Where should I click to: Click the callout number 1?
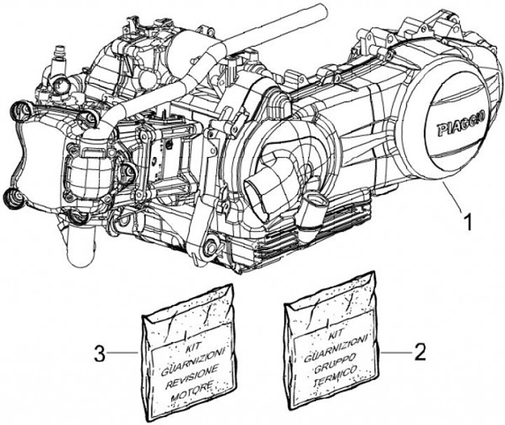click(467, 223)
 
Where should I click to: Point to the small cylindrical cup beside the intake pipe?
click(315, 207)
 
